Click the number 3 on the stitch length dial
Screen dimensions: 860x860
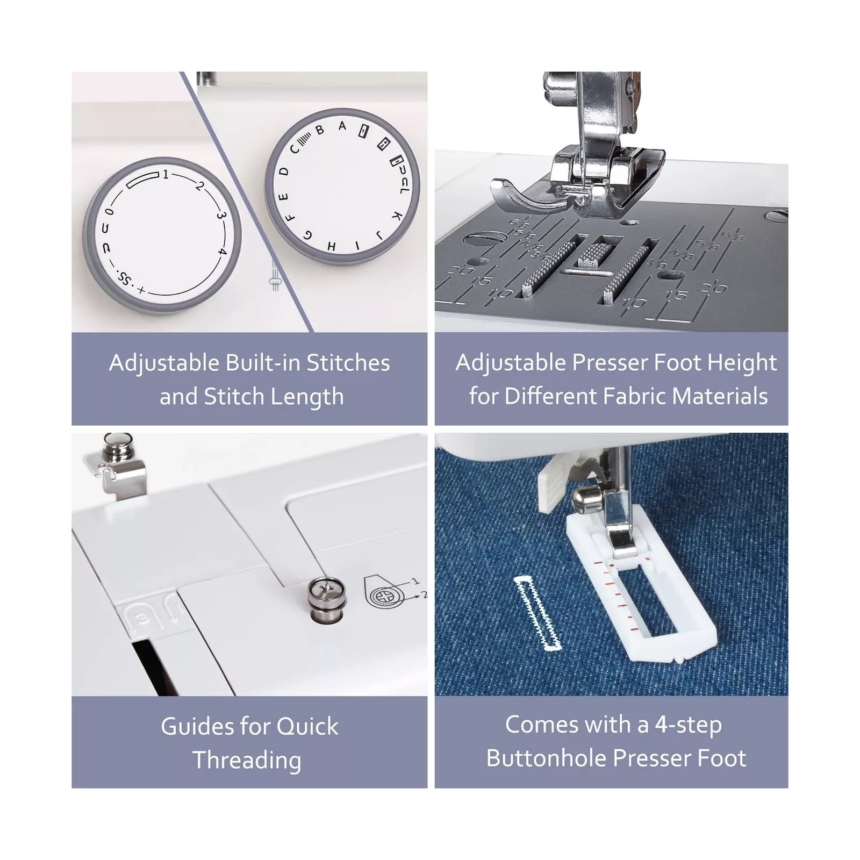221,216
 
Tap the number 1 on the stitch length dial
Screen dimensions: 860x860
166,174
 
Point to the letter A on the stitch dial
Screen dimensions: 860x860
342,126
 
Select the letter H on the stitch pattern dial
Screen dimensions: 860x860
332,246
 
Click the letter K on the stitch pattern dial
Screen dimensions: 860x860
397,216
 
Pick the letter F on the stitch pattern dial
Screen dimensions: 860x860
290,218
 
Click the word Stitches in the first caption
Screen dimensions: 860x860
348,363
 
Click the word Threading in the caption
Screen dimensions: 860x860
247,760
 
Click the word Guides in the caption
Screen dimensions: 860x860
196,726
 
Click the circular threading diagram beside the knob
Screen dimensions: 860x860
384,596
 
